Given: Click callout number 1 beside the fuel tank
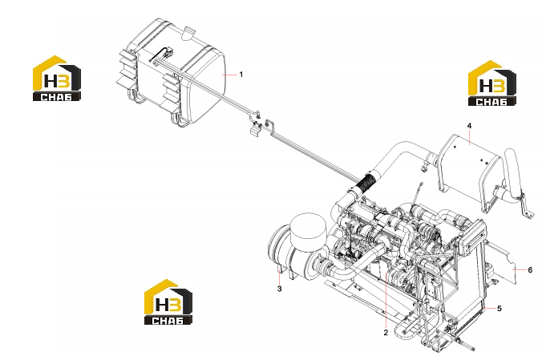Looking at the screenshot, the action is (241, 75).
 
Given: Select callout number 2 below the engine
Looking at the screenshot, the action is (386, 333).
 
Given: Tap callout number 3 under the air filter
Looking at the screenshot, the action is (279, 289).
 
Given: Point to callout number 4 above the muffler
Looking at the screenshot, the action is (469, 126).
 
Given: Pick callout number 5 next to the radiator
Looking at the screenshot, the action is (499, 309).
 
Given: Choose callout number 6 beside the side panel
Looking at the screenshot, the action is (530, 270).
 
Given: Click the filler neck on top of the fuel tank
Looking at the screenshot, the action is (188, 33).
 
